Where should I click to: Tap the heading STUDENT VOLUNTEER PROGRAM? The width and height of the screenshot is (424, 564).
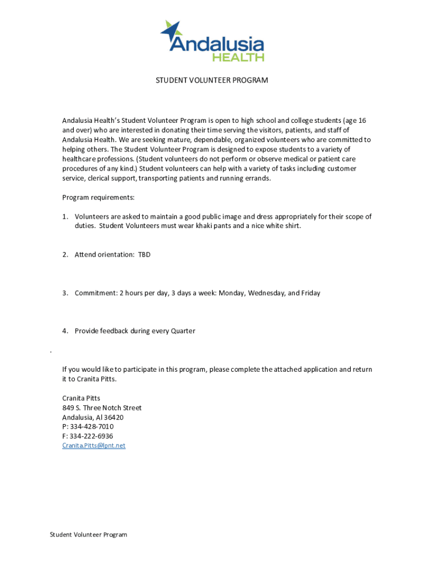(x=211, y=80)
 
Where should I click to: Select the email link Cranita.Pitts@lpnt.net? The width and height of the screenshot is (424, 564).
(x=94, y=446)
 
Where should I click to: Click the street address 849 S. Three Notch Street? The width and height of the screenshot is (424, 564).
(x=101, y=408)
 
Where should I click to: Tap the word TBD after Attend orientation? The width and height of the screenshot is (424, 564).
(x=144, y=255)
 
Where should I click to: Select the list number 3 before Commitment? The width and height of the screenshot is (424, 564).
(x=64, y=293)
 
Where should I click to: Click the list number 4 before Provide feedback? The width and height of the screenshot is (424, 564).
(x=64, y=331)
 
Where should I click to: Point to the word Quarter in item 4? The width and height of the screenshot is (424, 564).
(x=183, y=331)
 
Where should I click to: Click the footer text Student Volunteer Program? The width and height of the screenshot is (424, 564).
(x=88, y=535)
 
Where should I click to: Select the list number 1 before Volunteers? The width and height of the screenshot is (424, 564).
(x=64, y=217)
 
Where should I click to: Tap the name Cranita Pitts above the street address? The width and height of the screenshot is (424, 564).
(x=81, y=398)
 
